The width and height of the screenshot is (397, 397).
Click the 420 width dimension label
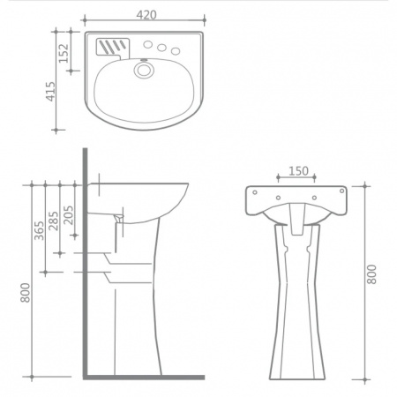(x=146, y=15)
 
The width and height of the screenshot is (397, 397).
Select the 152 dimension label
(x=64, y=53)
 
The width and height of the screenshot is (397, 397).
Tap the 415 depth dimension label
(x=50, y=92)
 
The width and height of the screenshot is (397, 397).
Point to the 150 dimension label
(x=298, y=171)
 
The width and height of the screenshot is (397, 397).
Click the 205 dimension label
(x=68, y=215)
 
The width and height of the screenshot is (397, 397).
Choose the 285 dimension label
(x=54, y=221)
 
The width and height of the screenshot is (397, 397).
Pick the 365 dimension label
(x=39, y=230)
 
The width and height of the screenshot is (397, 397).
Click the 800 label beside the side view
(x=26, y=293)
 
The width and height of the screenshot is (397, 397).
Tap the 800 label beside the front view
(x=371, y=274)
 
